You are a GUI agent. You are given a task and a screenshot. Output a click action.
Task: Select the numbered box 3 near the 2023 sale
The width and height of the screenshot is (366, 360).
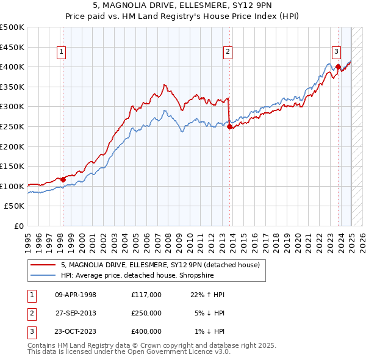(x=336, y=52)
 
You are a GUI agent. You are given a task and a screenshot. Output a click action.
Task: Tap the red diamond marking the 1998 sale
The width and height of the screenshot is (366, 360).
(x=63, y=179)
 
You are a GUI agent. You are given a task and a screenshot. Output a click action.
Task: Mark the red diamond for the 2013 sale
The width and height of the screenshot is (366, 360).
(x=229, y=127)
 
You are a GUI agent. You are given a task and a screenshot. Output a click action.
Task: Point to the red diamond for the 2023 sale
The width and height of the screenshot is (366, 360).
(x=338, y=67)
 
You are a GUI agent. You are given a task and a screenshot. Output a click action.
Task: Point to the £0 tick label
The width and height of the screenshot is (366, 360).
(x=18, y=226)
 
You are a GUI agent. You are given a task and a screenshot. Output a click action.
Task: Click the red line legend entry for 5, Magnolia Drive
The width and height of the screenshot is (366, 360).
(x=160, y=265)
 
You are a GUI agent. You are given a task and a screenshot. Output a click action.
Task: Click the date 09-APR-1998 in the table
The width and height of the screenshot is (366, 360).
(x=76, y=295)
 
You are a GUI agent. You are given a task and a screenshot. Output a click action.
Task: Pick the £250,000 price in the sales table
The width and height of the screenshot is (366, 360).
(x=146, y=313)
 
